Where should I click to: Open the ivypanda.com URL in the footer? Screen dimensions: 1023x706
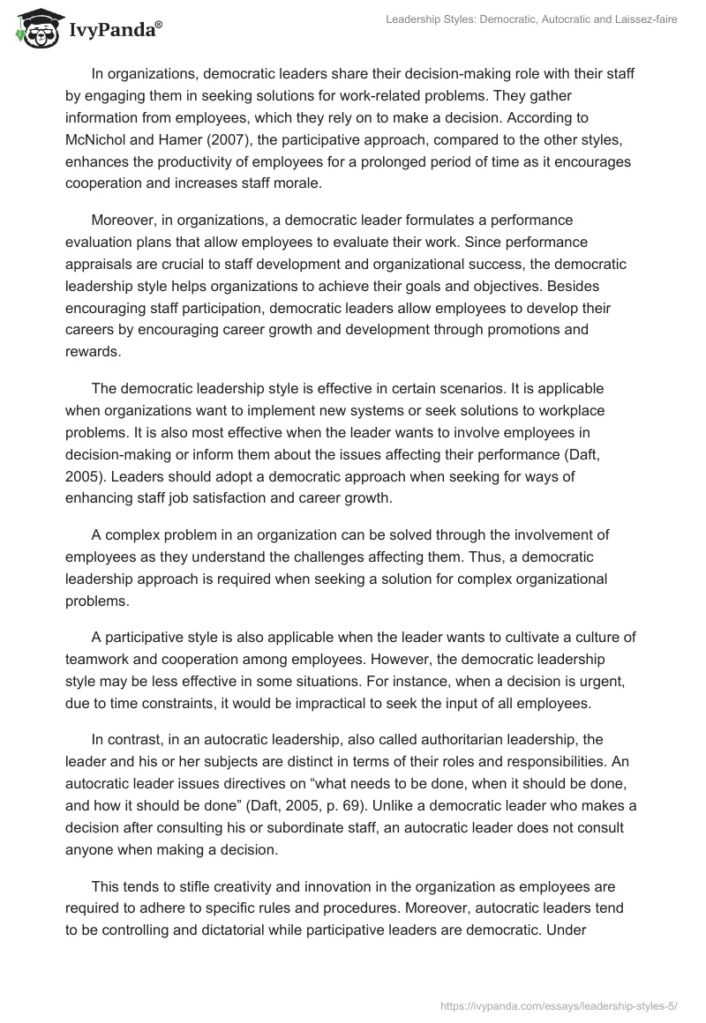pos(566,998)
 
